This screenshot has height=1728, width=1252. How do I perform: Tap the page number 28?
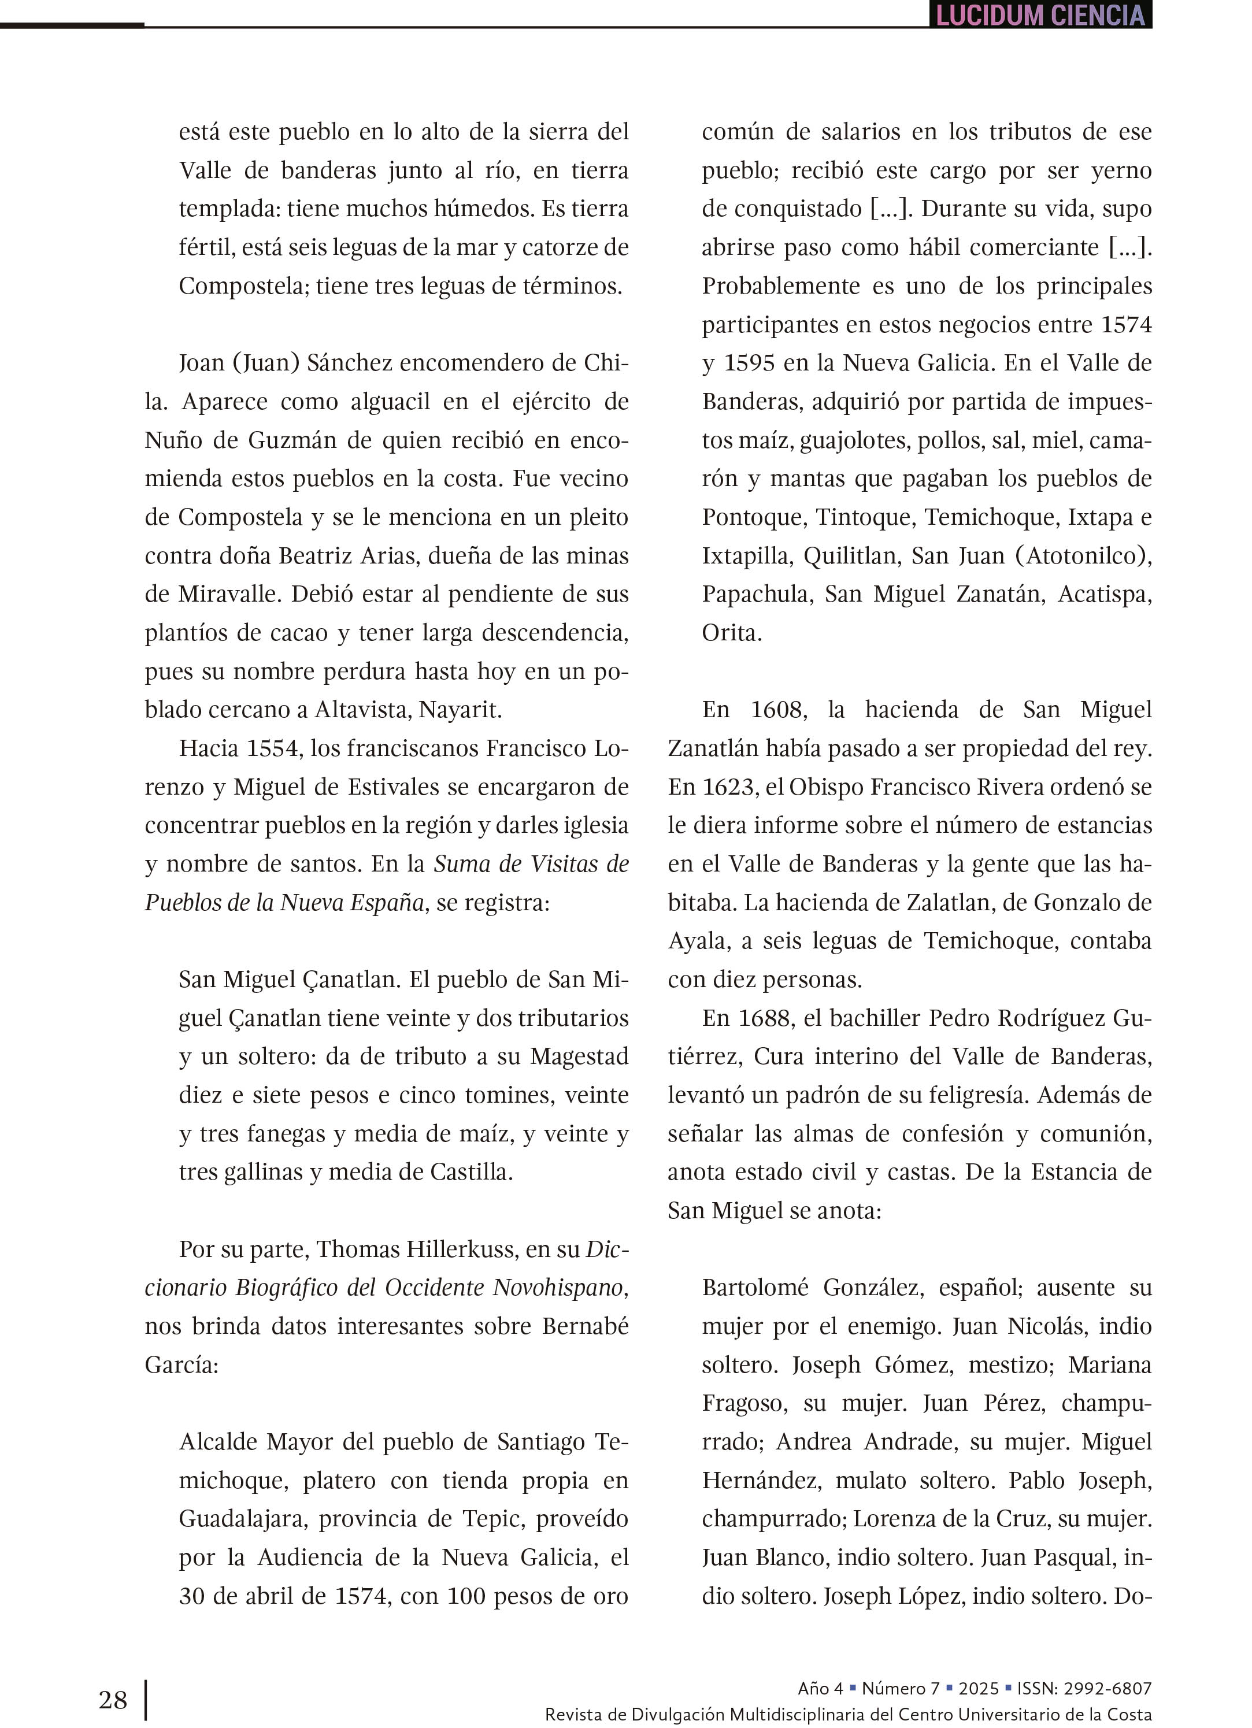[113, 1699]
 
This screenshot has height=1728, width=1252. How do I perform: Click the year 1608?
[777, 709]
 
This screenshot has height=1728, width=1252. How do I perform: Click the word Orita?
[730, 632]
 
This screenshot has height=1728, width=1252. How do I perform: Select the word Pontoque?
[752, 517]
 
